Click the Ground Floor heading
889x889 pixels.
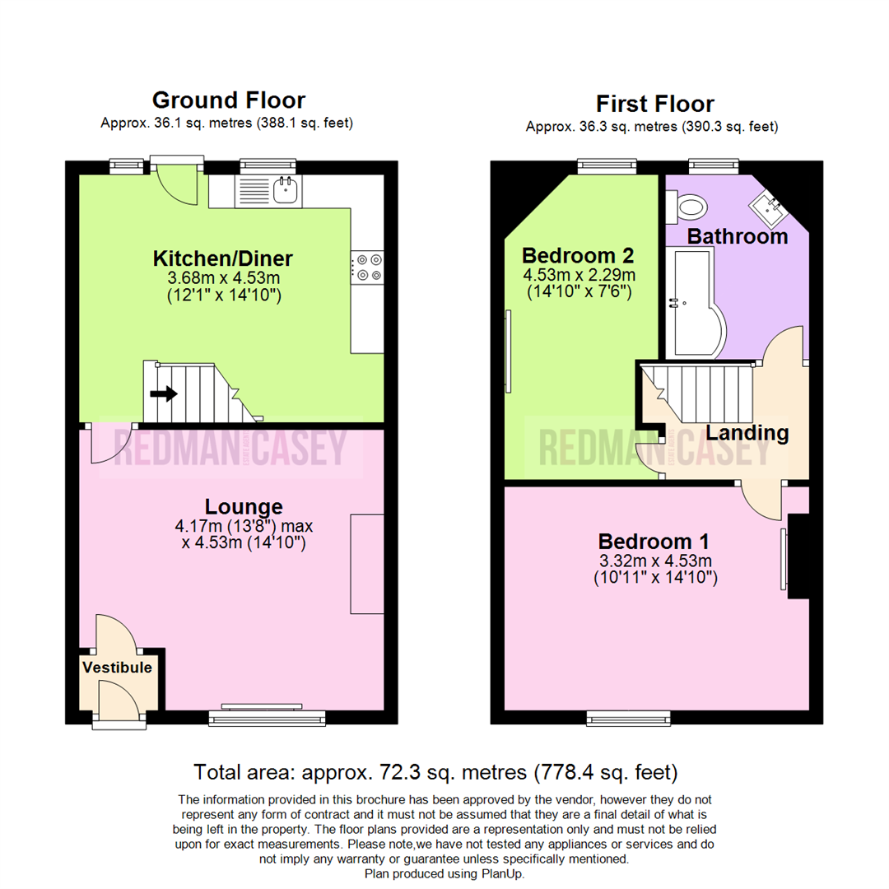click(229, 100)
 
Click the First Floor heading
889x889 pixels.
click(655, 105)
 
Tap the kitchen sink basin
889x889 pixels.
click(285, 189)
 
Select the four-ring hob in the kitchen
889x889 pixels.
click(367, 268)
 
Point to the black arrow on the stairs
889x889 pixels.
click(164, 393)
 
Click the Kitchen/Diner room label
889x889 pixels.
click(223, 258)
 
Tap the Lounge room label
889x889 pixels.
click(244, 506)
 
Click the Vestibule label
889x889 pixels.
click(118, 668)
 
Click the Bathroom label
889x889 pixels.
click(738, 236)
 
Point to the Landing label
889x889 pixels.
click(747, 433)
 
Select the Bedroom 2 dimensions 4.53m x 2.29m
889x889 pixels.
click(579, 275)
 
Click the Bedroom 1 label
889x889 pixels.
click(654, 542)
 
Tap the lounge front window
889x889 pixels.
click(267, 719)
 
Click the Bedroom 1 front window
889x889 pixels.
click(628, 719)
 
